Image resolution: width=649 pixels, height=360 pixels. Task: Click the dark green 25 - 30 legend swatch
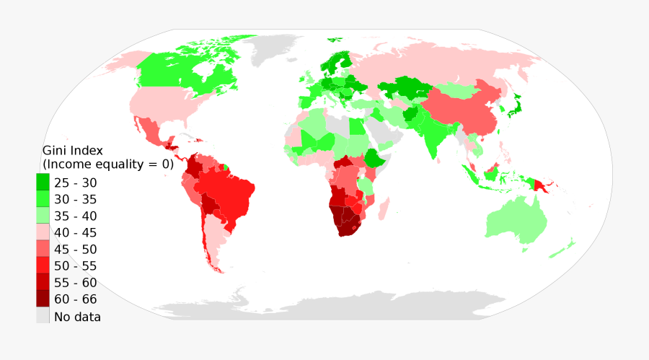click(x=43, y=183)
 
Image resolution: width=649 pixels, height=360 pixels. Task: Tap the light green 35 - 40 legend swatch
click(x=43, y=216)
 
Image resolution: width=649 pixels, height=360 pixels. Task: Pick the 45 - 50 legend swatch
click(x=43, y=249)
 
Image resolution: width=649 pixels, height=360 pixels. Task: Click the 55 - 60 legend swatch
click(x=43, y=282)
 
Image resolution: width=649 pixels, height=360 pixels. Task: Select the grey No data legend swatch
click(x=43, y=316)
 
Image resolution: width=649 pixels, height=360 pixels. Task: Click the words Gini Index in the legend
click(x=73, y=151)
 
